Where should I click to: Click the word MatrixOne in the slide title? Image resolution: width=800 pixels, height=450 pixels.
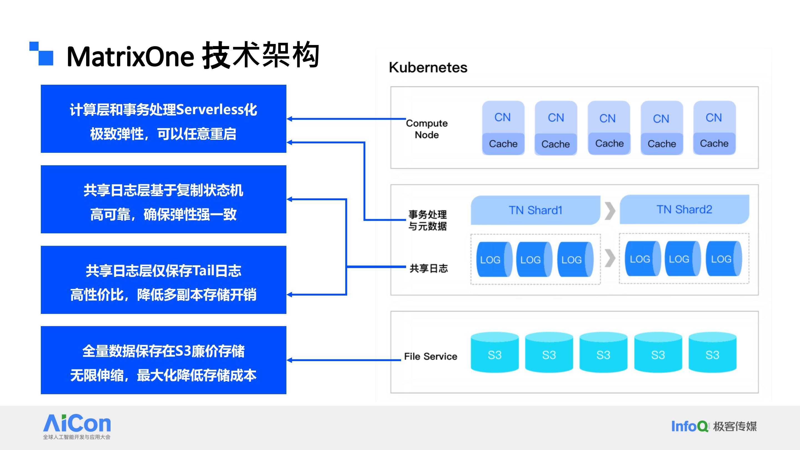[x=131, y=56]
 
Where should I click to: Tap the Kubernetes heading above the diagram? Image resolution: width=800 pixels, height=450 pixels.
[x=428, y=67]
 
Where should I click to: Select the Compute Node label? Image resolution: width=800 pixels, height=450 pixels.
[x=427, y=129]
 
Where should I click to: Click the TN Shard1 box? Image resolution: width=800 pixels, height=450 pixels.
[x=535, y=210]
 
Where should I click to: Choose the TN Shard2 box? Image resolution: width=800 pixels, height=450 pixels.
[x=684, y=209]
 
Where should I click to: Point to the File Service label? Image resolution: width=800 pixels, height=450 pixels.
[x=431, y=356]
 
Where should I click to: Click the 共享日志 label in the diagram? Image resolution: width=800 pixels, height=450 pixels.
[x=429, y=268]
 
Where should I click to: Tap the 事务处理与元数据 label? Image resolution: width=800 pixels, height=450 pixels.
[x=427, y=220]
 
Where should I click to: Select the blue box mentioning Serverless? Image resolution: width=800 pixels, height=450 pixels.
[x=163, y=119]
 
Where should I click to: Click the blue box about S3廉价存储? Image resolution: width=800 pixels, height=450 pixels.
[x=163, y=360]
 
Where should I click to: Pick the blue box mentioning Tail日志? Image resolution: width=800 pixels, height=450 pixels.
[x=163, y=280]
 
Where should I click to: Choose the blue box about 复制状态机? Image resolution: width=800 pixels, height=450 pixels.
[x=163, y=199]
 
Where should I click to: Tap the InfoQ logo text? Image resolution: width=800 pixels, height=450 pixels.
[x=690, y=426]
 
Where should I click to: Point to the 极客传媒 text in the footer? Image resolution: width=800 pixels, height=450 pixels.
[x=735, y=426]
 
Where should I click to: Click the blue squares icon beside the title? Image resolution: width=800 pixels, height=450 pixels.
[x=41, y=53]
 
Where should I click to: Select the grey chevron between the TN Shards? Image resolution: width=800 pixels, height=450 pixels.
[x=610, y=211]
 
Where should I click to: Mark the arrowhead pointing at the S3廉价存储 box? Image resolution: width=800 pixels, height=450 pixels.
[x=289, y=360]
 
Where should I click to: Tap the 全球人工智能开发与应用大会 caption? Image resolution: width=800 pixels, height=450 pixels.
[x=77, y=437]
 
